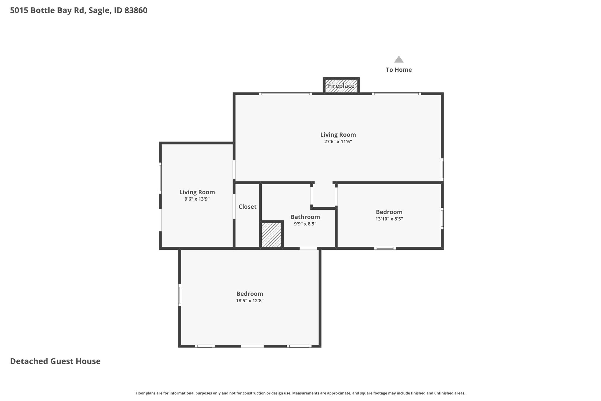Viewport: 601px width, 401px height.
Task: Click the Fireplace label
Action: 341,86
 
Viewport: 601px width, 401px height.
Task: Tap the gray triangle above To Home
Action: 399,59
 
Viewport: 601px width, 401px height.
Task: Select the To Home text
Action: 399,70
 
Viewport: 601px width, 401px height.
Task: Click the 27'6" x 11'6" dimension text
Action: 338,142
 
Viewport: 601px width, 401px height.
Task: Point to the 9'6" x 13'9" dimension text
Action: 197,199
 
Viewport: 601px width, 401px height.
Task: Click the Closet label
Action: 247,207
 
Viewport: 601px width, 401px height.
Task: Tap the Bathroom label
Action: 305,217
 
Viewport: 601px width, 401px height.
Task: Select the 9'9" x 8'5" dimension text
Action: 305,224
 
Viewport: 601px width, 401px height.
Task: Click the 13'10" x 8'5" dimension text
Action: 389,219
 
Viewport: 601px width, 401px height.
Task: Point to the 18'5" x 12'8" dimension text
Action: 250,301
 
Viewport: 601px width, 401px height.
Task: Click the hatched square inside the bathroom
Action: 271,234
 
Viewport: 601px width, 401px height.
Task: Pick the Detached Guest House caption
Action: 55,361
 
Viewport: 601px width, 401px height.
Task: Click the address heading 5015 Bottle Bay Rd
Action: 79,11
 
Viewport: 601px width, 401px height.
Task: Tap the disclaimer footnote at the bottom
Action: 300,393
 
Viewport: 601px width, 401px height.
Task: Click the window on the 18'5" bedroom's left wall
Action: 180,295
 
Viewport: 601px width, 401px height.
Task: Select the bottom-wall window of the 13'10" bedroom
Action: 385,248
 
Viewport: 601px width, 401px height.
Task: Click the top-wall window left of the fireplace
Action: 285,94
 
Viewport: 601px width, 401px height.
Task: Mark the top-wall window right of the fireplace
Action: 396,94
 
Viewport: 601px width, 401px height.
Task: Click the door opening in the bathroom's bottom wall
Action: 308,248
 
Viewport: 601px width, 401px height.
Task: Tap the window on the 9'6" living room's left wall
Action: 160,178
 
